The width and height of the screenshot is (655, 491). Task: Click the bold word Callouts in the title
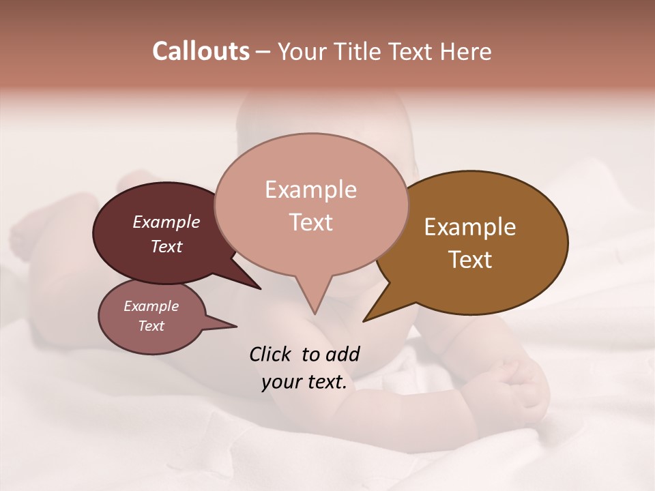pos(201,51)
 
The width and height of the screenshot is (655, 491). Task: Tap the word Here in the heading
pos(466,51)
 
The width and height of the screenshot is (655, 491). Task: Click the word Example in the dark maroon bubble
pos(166,222)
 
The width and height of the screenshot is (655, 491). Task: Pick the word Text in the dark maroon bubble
pos(166,246)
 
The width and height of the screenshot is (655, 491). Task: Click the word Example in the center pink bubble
pos(310,190)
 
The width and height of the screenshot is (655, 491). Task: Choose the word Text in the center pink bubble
pos(310,222)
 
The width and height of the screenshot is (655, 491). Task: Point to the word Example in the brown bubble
pos(470,227)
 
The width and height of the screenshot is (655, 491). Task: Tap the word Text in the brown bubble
pos(470,259)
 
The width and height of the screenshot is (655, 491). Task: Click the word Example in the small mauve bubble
pos(151,306)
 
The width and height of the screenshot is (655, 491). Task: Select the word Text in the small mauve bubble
pos(151,326)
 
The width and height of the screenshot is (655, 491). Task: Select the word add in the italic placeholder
pos(343,354)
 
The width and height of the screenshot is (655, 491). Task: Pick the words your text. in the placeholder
pos(304,382)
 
